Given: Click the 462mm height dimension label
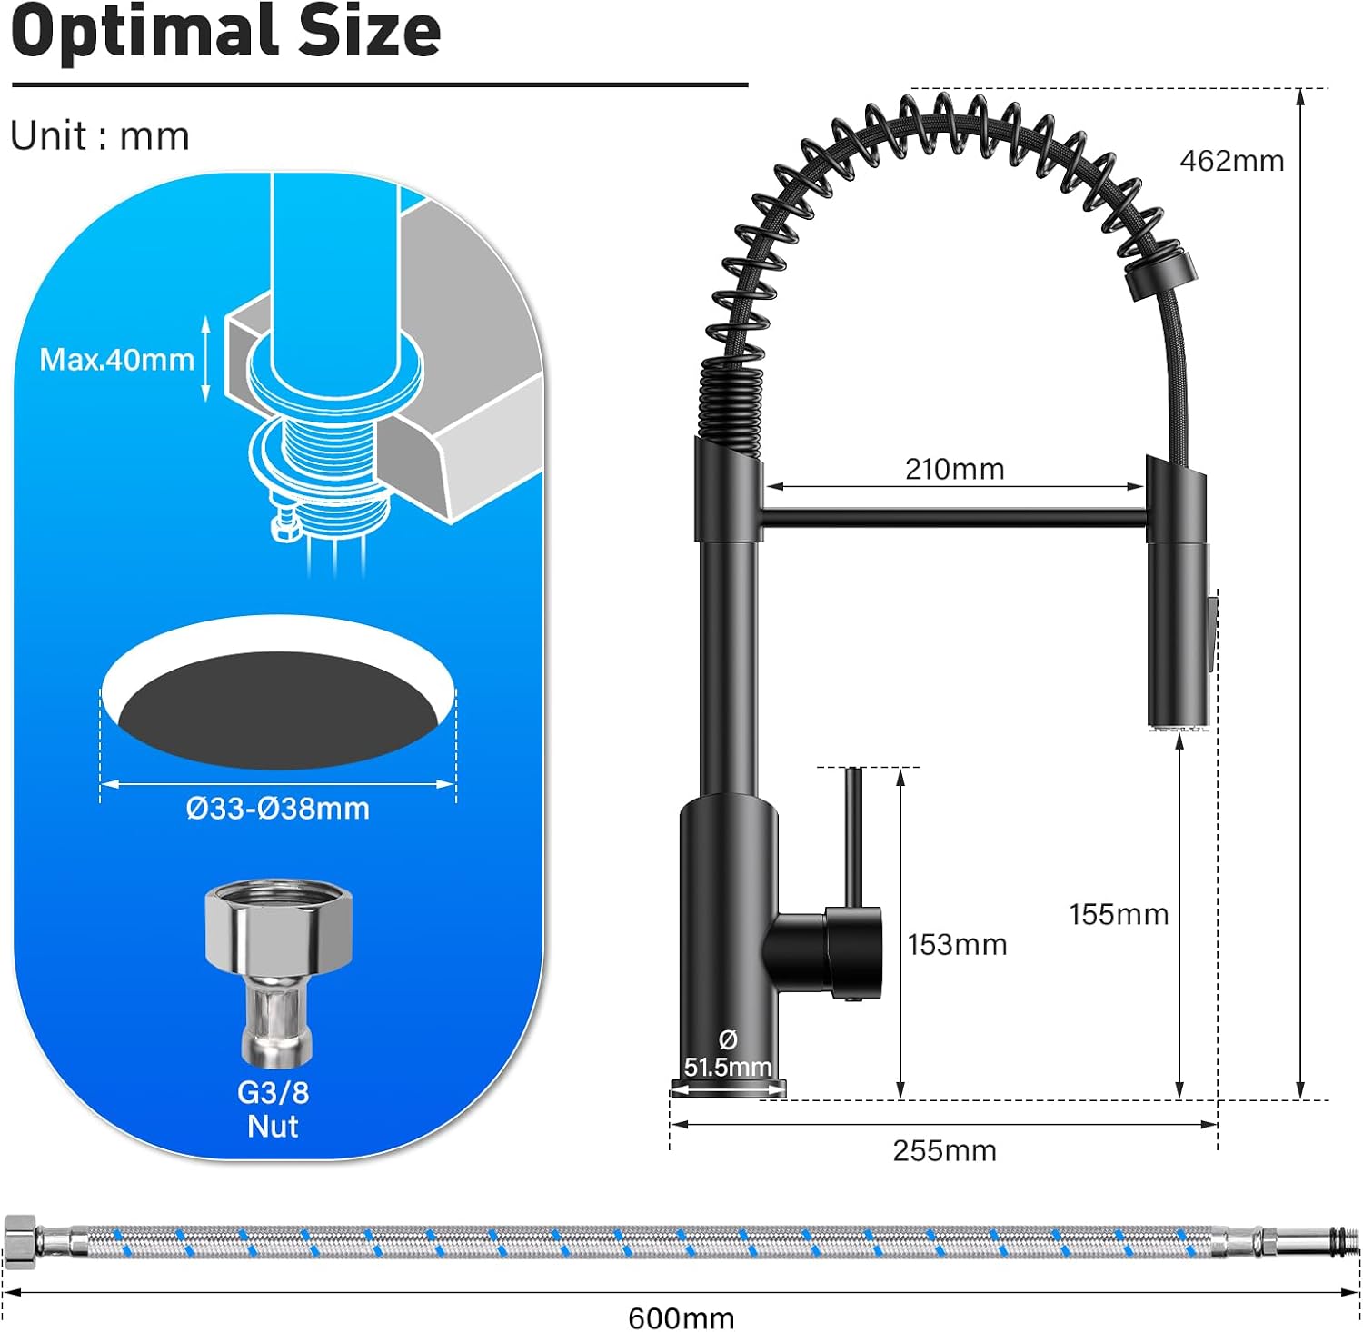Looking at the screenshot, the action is coord(1231,161).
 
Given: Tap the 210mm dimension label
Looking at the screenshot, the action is coord(954,469).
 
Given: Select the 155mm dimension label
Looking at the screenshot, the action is coord(1119,914).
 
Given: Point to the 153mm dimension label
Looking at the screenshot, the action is coord(957,945).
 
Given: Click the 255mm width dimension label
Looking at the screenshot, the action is coord(944,1151).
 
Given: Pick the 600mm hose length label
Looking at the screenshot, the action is coord(681,1317).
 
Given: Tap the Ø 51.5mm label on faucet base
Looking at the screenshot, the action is coord(727,1053).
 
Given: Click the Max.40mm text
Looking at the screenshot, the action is coord(116,360).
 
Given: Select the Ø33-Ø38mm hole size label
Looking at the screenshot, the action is coord(278,809).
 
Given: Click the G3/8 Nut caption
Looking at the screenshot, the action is coord(273,1109).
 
